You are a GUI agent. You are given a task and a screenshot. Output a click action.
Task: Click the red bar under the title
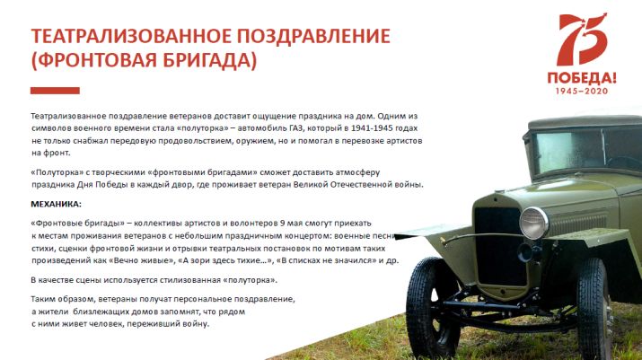[55, 91]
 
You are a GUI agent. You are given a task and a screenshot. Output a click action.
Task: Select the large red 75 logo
[582, 40]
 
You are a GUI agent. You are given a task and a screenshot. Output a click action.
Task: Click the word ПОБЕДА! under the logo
[582, 78]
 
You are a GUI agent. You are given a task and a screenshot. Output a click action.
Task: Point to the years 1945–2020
[582, 92]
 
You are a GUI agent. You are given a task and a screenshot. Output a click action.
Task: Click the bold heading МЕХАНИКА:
[56, 204]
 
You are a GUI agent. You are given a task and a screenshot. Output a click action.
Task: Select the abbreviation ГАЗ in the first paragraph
[296, 128]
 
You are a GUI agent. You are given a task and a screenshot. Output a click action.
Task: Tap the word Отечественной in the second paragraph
[361, 185]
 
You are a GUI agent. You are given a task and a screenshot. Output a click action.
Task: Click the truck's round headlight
[534, 223]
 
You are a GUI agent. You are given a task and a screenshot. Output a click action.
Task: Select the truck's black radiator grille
[499, 246]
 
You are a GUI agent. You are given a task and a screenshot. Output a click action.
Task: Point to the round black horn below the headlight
[525, 252]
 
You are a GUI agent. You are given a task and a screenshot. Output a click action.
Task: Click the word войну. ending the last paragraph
[198, 324]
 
